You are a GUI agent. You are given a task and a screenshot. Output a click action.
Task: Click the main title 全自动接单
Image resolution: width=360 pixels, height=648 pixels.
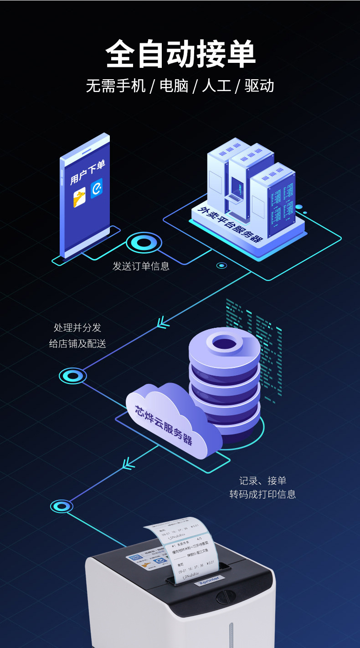click(x=180, y=54)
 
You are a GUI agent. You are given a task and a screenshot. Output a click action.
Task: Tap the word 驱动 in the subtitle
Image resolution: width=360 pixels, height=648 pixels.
click(x=259, y=86)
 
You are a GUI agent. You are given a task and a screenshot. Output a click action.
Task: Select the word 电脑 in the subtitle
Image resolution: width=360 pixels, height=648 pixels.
click(x=174, y=86)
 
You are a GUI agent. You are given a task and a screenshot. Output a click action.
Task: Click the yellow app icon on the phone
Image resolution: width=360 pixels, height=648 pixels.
click(x=80, y=197)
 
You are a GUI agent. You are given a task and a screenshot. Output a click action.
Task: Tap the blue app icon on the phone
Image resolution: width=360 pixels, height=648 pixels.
click(x=97, y=188)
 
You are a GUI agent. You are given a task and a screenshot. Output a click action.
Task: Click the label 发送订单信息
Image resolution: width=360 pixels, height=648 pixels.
click(x=141, y=266)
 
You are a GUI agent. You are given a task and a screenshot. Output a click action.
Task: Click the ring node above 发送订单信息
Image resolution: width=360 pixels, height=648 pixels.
click(x=144, y=242)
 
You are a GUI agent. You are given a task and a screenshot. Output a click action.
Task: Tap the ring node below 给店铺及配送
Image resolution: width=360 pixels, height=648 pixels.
click(x=73, y=376)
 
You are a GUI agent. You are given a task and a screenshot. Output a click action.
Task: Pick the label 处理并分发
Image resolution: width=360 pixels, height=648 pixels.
click(x=77, y=327)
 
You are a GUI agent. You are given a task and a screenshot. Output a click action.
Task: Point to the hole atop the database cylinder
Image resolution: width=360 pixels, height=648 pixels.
click(x=224, y=343)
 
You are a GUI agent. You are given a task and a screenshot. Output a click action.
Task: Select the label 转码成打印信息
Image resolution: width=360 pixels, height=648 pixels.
click(x=262, y=494)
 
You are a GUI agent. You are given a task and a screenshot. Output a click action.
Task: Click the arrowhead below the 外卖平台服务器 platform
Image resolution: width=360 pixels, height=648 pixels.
click(x=163, y=322)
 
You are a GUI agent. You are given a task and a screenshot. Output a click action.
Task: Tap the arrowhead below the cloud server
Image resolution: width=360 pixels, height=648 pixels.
click(x=129, y=464)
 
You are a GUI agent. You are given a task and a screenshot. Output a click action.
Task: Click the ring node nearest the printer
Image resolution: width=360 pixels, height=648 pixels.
click(x=62, y=506)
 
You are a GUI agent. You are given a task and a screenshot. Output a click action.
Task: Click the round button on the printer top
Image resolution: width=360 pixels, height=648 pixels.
click(x=223, y=596)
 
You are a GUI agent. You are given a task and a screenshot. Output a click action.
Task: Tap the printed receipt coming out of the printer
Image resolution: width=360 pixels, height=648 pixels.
click(x=187, y=546)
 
